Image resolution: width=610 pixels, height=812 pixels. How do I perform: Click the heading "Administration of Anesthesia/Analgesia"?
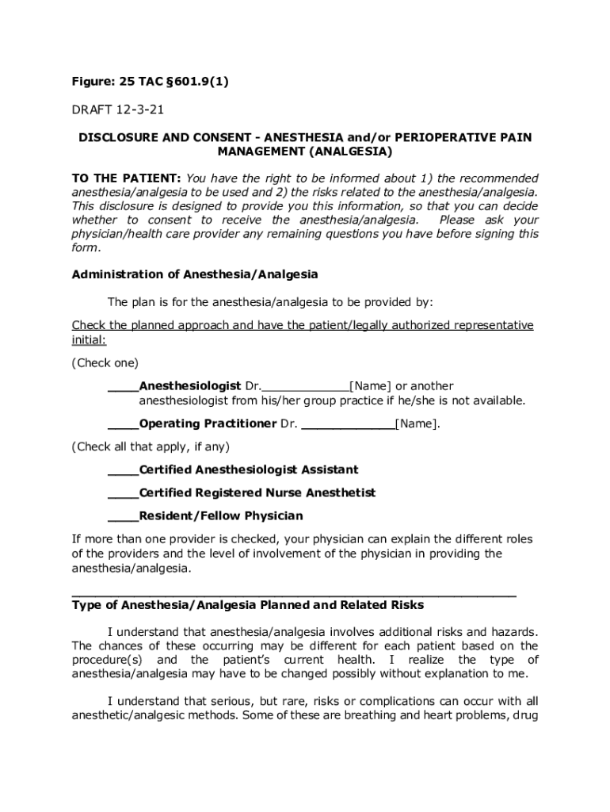pos(195,274)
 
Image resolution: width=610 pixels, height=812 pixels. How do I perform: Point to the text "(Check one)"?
pos(105,363)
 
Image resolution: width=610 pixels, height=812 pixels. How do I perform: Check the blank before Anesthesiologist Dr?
pos(123,386)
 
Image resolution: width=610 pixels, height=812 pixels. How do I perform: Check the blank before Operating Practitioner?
pos(123,423)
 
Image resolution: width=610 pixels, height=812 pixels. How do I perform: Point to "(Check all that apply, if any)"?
pos(151,446)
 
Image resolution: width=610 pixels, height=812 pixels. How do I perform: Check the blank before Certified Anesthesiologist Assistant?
pos(123,469)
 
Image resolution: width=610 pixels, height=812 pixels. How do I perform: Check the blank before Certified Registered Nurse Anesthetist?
pos(123,492)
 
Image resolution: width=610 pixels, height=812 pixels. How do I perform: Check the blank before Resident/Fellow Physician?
pos(123,516)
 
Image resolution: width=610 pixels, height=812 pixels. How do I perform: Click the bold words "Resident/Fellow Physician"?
pos(221,516)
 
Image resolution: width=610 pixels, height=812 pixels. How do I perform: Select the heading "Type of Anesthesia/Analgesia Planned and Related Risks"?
pos(248,605)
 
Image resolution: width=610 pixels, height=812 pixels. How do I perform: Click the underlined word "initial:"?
pos(89,339)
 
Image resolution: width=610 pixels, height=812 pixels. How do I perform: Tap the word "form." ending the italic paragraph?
pos(86,247)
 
